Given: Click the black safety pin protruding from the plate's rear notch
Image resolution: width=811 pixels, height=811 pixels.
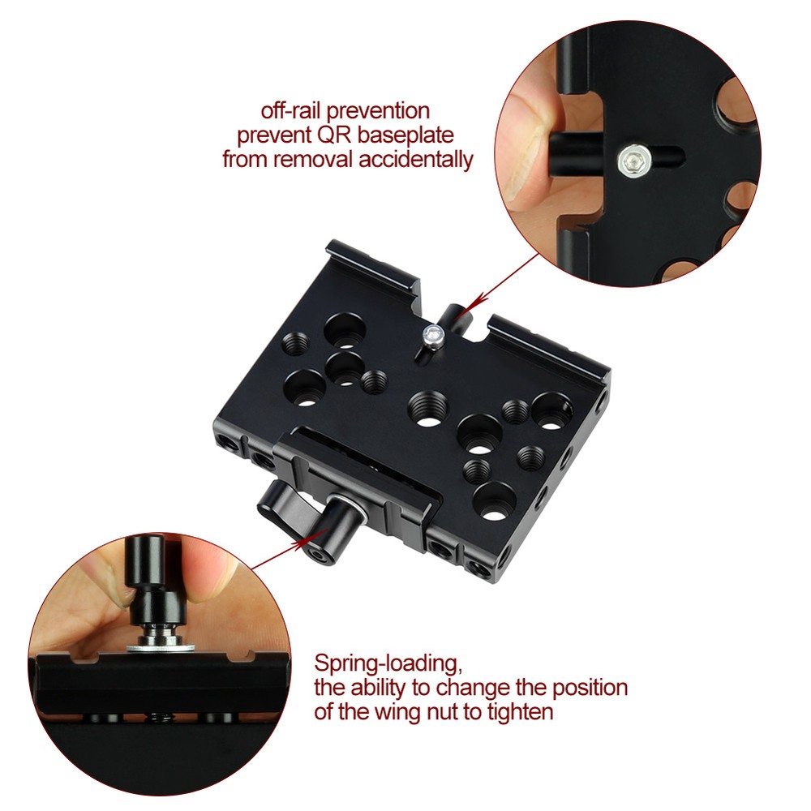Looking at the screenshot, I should tap(452, 314).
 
